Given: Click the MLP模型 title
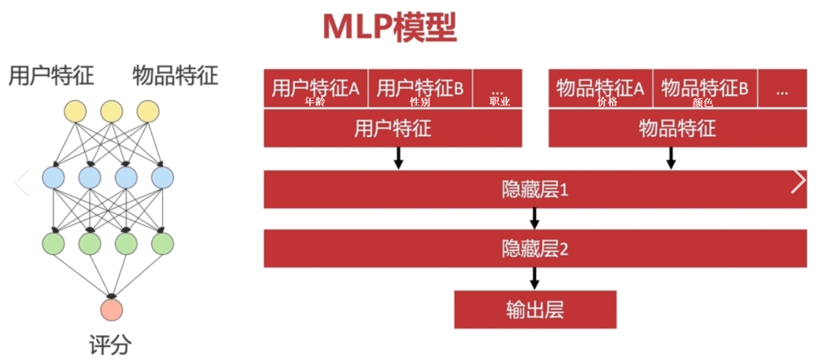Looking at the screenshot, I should [x=389, y=27].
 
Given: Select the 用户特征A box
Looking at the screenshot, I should [x=315, y=87].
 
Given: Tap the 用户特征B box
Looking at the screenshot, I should [x=420, y=87].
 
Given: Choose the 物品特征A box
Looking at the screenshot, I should [x=600, y=87].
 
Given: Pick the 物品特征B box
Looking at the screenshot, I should [x=705, y=87].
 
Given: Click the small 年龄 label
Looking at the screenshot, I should [x=315, y=102].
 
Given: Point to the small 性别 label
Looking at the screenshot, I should [x=420, y=102].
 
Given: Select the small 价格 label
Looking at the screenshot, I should [x=607, y=102].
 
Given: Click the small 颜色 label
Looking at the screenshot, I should [x=703, y=102].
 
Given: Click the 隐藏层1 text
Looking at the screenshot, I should [x=535, y=190].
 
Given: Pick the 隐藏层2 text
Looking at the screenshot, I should [x=535, y=249].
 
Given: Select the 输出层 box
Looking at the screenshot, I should [x=535, y=309].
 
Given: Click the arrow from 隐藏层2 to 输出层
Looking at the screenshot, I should [x=535, y=278].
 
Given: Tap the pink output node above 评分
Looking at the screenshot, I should [x=111, y=310].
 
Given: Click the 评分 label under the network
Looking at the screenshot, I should [x=111, y=343].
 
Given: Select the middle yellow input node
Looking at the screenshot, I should [x=111, y=111].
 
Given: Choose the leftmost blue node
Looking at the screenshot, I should [x=53, y=176].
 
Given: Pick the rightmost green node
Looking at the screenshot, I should [x=163, y=243].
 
